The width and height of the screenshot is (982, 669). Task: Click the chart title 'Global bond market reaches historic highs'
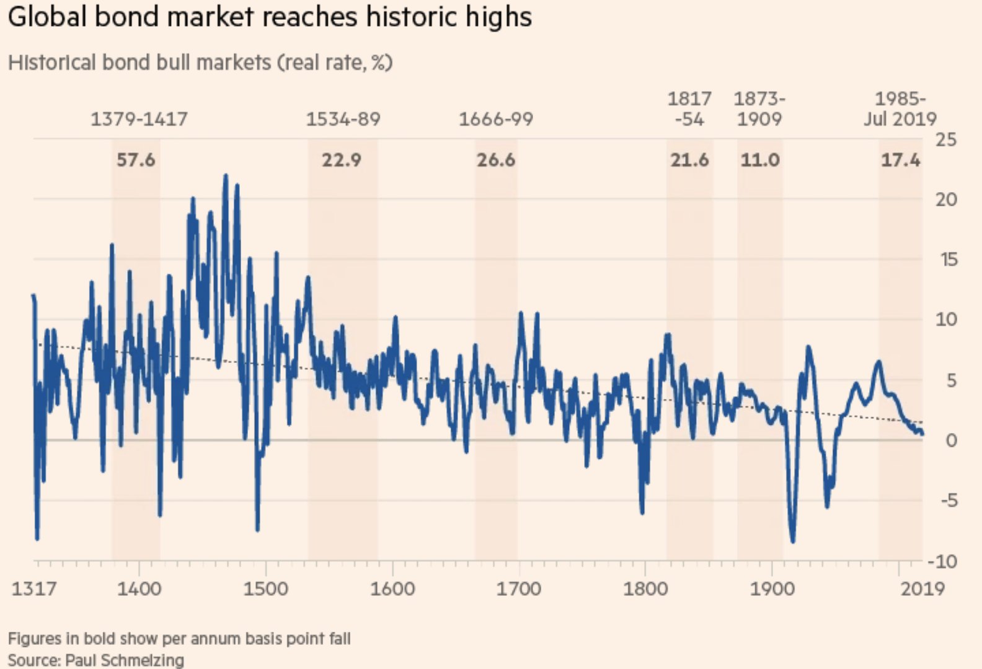[x=270, y=17]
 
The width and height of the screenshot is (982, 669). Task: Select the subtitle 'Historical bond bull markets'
[x=139, y=63]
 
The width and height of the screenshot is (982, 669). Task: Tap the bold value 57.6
[x=136, y=160]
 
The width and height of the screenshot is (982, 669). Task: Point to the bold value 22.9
[x=341, y=160]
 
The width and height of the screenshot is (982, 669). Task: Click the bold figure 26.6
[x=495, y=160]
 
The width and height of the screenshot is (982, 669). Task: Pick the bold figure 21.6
[x=689, y=160]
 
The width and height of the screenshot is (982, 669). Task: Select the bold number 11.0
[x=760, y=160]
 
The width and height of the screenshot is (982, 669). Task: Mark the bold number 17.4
[x=901, y=160]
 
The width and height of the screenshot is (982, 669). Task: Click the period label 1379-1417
[x=139, y=119]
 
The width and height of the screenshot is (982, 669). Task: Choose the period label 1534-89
[x=343, y=119]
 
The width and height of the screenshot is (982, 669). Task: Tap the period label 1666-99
[x=496, y=119]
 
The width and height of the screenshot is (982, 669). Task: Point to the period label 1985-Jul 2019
[x=900, y=109]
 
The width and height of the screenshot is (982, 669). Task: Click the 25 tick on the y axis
[x=946, y=139]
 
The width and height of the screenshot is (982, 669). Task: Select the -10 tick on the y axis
[x=942, y=561]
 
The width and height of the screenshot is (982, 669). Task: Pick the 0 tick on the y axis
[x=951, y=440]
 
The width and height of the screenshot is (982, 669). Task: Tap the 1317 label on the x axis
[x=33, y=588]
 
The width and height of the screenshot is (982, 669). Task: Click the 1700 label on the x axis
[x=518, y=588]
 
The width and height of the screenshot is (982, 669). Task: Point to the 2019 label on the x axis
[x=922, y=588]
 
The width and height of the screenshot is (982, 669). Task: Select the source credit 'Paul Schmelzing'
[x=125, y=660]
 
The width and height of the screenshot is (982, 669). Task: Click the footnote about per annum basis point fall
[x=179, y=639]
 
